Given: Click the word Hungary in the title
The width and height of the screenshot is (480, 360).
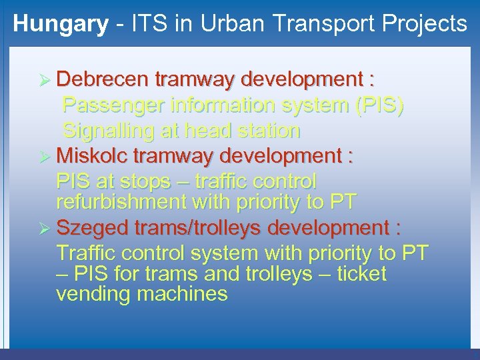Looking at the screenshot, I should (61, 24).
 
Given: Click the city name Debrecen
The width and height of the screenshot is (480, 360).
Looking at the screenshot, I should (103, 80).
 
